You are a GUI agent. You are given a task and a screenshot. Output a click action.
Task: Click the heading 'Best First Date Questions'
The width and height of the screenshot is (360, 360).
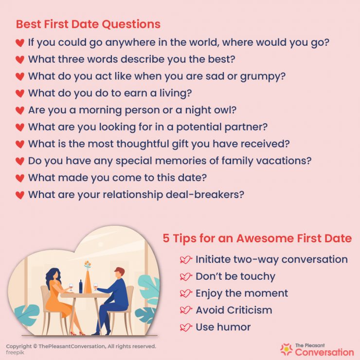88,24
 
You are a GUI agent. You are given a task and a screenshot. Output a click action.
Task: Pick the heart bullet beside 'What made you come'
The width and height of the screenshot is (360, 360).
19,179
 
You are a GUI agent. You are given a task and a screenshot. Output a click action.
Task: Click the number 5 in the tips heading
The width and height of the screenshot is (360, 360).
166,238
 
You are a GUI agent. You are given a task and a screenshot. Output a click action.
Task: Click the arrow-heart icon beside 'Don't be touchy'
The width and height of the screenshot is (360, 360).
186,277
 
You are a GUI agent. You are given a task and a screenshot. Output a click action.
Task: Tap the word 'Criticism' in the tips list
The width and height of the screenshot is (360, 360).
248,310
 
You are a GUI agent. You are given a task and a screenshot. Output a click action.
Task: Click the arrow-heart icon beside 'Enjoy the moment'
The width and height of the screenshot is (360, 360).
186,293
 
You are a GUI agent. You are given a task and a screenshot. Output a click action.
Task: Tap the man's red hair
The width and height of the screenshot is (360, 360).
119,271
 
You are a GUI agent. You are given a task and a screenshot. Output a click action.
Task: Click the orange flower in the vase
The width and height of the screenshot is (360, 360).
87,265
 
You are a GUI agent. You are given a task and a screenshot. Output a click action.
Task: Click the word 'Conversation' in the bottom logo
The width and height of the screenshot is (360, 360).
324,351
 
